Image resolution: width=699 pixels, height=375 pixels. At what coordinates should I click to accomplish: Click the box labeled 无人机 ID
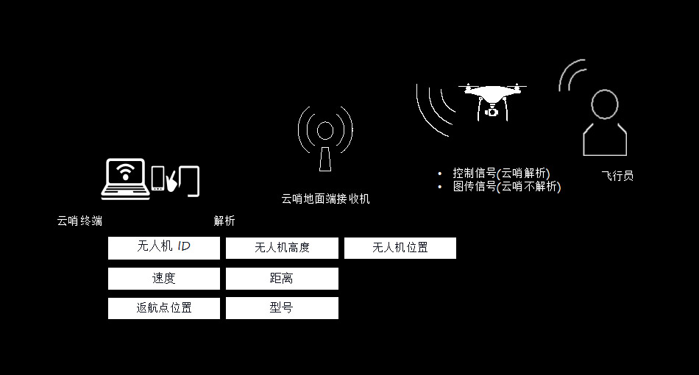pos(163,247)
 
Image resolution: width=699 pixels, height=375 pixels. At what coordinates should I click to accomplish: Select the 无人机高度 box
pos(282,248)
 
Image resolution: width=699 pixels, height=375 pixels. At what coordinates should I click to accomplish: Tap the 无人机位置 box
pos(400,248)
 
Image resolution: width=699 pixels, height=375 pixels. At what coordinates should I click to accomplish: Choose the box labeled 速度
pos(163,279)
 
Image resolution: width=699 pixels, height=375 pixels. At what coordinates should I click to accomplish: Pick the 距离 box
pos(282,279)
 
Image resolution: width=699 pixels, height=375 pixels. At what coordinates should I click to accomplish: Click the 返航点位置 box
pos(163,308)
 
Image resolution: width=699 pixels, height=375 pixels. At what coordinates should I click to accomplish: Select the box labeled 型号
pos(282,308)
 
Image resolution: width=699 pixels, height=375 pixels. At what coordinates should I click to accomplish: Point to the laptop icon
pos(126,179)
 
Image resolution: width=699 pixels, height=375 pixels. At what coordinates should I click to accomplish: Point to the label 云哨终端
pos(79,221)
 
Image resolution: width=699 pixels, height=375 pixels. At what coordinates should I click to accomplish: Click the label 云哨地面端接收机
pos(325,199)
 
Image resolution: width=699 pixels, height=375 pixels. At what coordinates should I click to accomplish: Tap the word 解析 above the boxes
pos(224,221)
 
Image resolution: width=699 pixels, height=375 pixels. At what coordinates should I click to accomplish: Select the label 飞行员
pos(617,176)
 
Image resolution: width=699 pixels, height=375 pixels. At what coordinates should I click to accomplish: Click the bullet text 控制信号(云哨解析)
pos(501,174)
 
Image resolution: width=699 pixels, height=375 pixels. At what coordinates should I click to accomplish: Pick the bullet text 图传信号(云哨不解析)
pos(506,187)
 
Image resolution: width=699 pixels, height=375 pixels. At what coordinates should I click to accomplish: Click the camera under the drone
pos(492,111)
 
